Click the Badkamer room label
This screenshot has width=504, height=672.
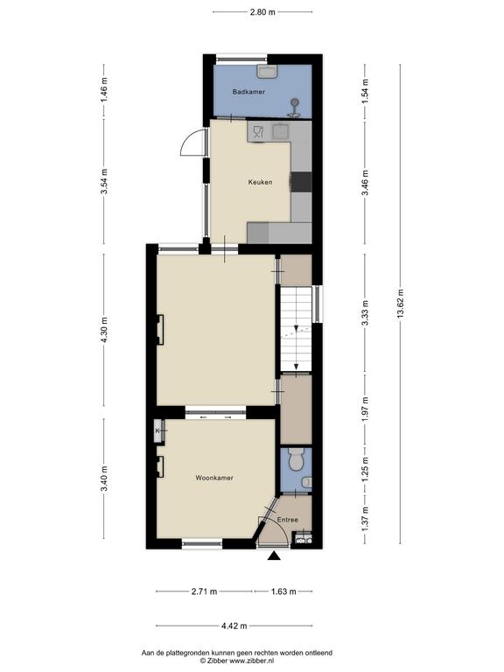point(248,92)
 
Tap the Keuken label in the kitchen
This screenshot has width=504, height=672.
point(260,182)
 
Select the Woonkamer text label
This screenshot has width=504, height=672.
point(214,478)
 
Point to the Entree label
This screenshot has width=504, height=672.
point(287,520)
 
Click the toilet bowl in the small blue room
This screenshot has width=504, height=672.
point(296,458)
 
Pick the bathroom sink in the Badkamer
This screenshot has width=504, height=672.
point(268,71)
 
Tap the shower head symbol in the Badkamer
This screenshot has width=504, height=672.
point(294,107)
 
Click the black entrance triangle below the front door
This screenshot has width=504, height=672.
point(274,556)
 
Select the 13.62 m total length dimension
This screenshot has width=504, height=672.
point(400,304)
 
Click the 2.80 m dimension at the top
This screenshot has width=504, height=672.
point(262,12)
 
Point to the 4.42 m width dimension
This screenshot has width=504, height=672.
point(234,626)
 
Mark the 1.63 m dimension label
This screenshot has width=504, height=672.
point(283,591)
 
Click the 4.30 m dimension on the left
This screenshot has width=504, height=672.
point(104,329)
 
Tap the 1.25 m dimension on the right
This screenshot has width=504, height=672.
point(365,470)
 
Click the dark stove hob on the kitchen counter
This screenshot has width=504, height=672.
point(301,181)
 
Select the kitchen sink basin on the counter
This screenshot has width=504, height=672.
point(280,131)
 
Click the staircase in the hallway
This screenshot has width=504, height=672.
point(296,329)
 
